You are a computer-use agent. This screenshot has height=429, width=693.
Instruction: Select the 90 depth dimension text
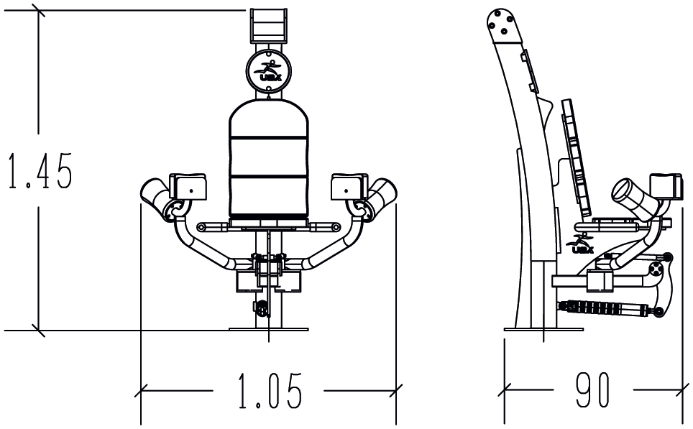[x=592, y=392]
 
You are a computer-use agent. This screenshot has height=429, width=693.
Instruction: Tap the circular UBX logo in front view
[x=269, y=70]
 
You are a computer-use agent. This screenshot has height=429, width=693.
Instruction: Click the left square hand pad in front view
[x=189, y=187]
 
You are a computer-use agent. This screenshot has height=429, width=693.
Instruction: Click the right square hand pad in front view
[x=349, y=187]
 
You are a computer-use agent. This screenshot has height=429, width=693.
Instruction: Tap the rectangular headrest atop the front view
[x=269, y=27]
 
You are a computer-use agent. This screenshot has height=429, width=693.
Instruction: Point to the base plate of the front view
[x=269, y=328]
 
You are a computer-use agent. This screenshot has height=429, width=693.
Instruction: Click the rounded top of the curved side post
[x=502, y=22]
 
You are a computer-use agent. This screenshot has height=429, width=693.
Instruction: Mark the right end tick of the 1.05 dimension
[x=397, y=392]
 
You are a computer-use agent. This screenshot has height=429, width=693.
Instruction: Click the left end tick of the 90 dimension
[x=505, y=392]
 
